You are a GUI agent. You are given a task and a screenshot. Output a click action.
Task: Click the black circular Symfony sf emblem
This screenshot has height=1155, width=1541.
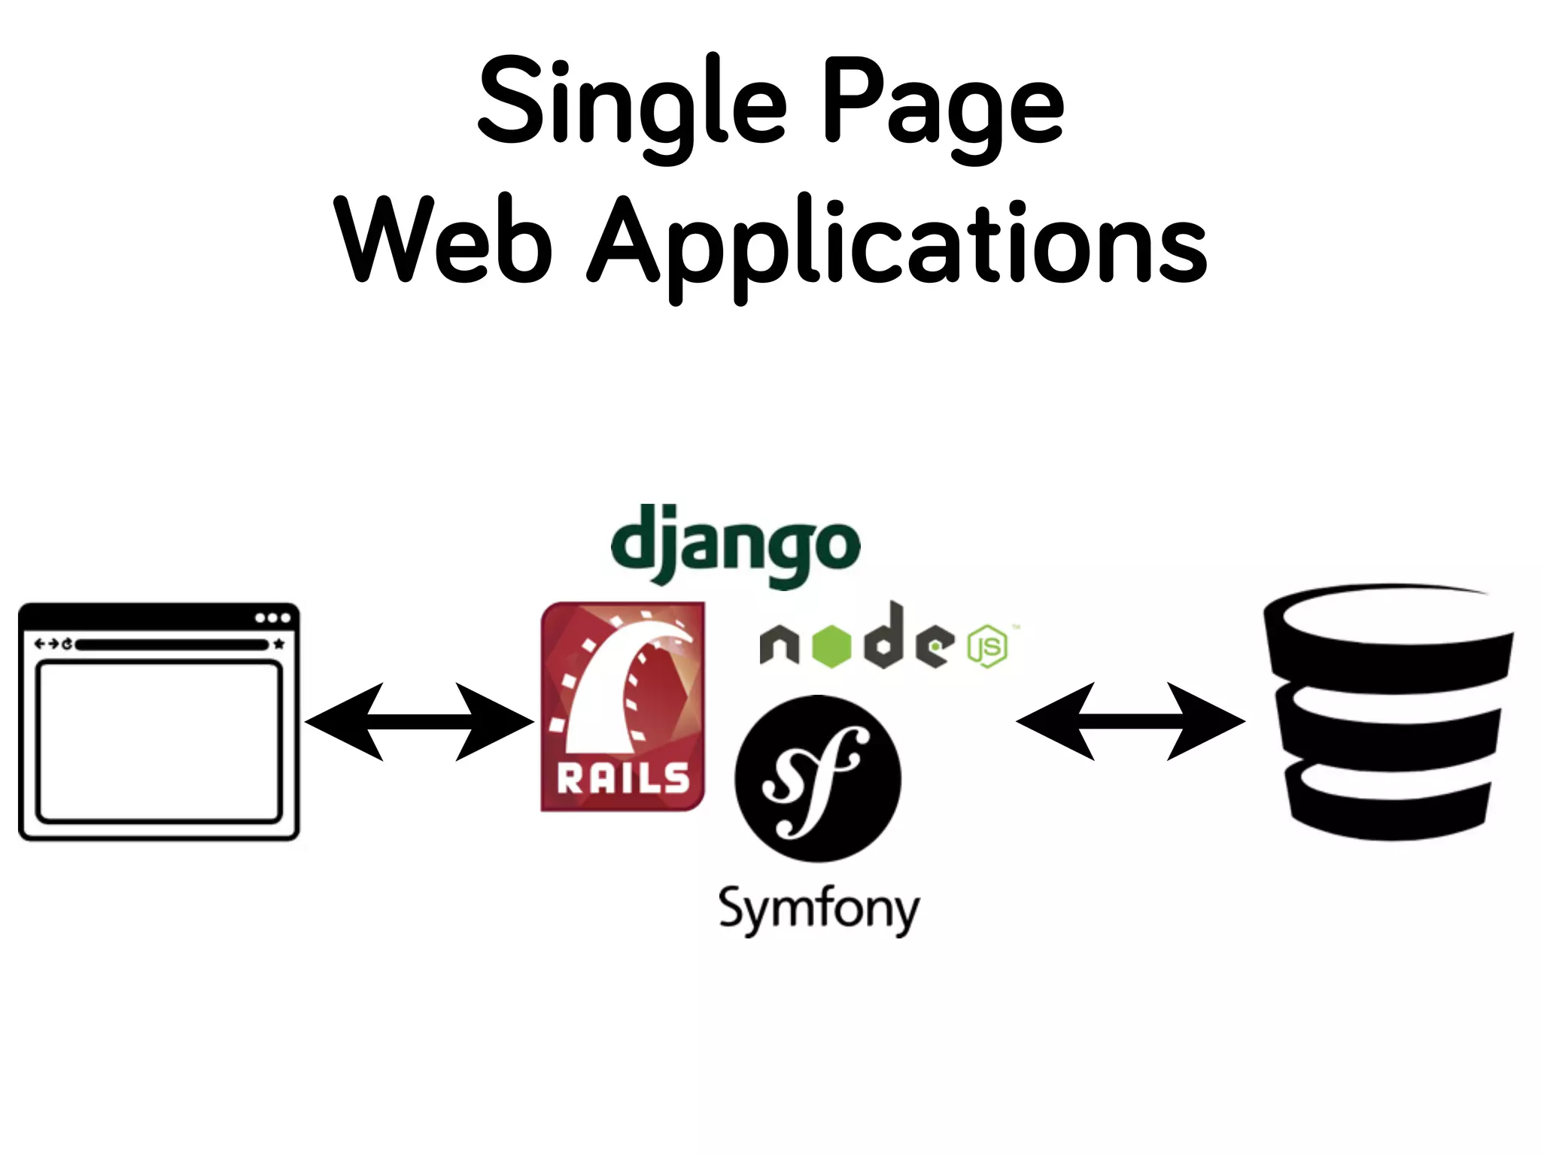[818, 778]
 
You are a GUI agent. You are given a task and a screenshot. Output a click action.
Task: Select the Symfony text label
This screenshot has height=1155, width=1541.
[819, 910]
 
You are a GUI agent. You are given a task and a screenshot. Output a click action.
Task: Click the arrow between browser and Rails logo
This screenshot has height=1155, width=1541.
[419, 722]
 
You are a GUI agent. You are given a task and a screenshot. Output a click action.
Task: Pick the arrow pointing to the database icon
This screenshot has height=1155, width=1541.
[1130, 722]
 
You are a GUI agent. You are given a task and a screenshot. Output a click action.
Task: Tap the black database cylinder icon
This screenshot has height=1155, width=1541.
[1389, 711]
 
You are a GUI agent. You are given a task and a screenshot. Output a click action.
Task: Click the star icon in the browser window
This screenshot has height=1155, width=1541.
[279, 644]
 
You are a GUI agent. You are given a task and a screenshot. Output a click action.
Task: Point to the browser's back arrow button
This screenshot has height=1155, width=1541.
[40, 644]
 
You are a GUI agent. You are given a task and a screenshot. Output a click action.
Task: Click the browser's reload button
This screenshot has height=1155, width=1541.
[67, 644]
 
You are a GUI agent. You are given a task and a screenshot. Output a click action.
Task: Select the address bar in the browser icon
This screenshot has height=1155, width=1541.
[172, 644]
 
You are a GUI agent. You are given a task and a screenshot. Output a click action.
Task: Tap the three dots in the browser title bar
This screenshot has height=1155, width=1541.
[272, 618]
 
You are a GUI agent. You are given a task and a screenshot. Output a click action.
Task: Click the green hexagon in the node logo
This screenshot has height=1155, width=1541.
[831, 646]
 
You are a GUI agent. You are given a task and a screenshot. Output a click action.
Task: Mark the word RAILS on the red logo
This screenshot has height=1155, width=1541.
[623, 779]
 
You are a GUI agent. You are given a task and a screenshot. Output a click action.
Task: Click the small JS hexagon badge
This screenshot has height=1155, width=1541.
[987, 645]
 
